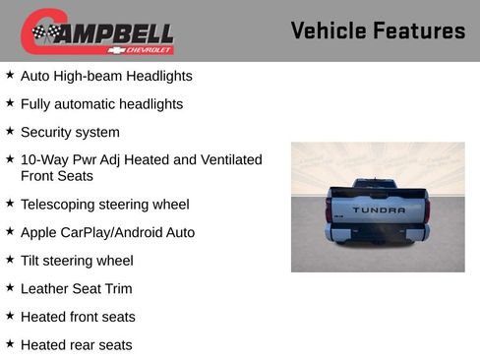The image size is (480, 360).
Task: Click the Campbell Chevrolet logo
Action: pyautogui.click(x=97, y=31)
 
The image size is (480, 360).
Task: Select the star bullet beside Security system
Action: pyautogui.click(x=10, y=131)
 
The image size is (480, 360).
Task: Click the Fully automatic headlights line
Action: pyautogui.click(x=101, y=104)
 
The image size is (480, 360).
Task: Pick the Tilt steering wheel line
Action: pyautogui.click(x=77, y=261)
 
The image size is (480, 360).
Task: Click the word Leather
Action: pyautogui.click(x=45, y=289)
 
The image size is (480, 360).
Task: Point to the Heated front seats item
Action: pyautogui.click(x=78, y=317)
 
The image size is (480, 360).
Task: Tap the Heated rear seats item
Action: pyautogui.click(x=76, y=345)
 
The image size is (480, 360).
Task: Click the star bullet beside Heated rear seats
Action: pyautogui.click(x=10, y=344)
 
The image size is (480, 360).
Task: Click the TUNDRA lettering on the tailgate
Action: pyautogui.click(x=379, y=210)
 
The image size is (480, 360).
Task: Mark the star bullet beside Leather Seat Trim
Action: pyautogui.click(x=10, y=287)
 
